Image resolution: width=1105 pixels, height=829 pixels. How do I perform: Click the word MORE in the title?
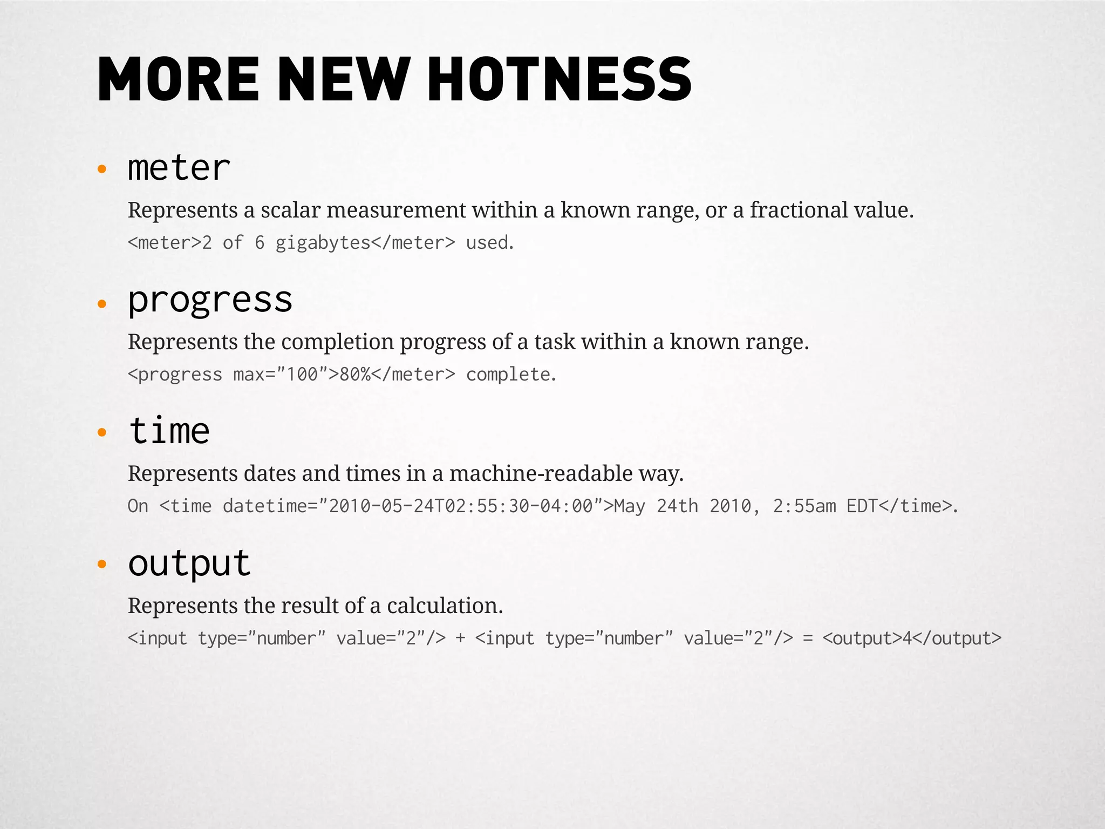click(x=179, y=79)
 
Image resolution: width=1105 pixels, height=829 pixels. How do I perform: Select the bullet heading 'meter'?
click(x=179, y=168)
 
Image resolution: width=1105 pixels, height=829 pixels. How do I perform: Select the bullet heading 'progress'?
click(x=210, y=300)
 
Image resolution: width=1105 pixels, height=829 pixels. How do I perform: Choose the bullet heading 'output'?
click(x=189, y=563)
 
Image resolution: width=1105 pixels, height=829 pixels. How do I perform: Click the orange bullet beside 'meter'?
click(x=102, y=170)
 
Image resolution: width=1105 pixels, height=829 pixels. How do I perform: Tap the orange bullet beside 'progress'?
click(x=102, y=304)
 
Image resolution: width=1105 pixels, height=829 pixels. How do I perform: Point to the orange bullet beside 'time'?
click(x=102, y=432)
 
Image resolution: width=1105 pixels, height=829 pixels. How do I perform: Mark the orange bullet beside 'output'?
click(x=102, y=565)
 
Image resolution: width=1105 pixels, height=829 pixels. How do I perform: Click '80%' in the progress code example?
click(x=355, y=375)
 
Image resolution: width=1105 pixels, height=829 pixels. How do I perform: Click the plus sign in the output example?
click(x=460, y=638)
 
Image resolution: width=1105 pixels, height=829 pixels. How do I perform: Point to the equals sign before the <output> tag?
click(x=808, y=638)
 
